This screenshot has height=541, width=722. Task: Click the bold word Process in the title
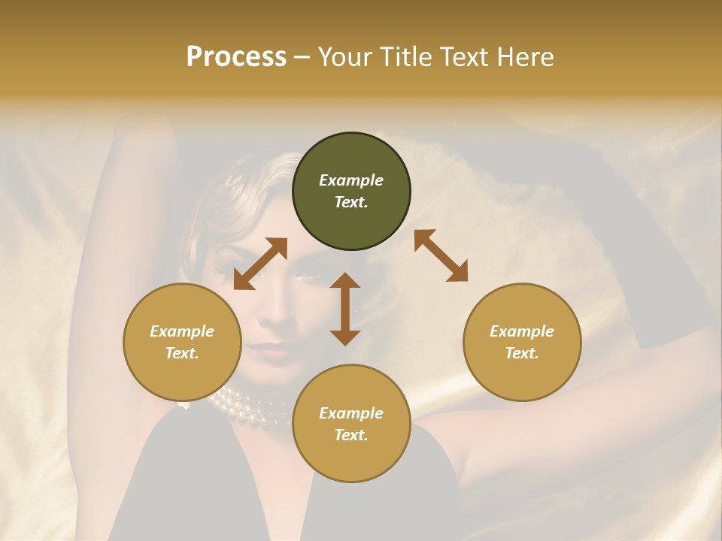click(x=236, y=57)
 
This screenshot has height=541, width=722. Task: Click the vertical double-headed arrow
click(x=345, y=309)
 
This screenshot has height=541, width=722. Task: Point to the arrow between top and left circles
click(x=260, y=264)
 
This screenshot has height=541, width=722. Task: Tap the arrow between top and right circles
click(x=441, y=255)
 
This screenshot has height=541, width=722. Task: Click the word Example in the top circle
click(x=351, y=180)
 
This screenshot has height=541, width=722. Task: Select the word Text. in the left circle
click(x=182, y=353)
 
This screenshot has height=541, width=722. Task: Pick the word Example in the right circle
click(x=522, y=331)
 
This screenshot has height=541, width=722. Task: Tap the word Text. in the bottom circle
click(x=351, y=435)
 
